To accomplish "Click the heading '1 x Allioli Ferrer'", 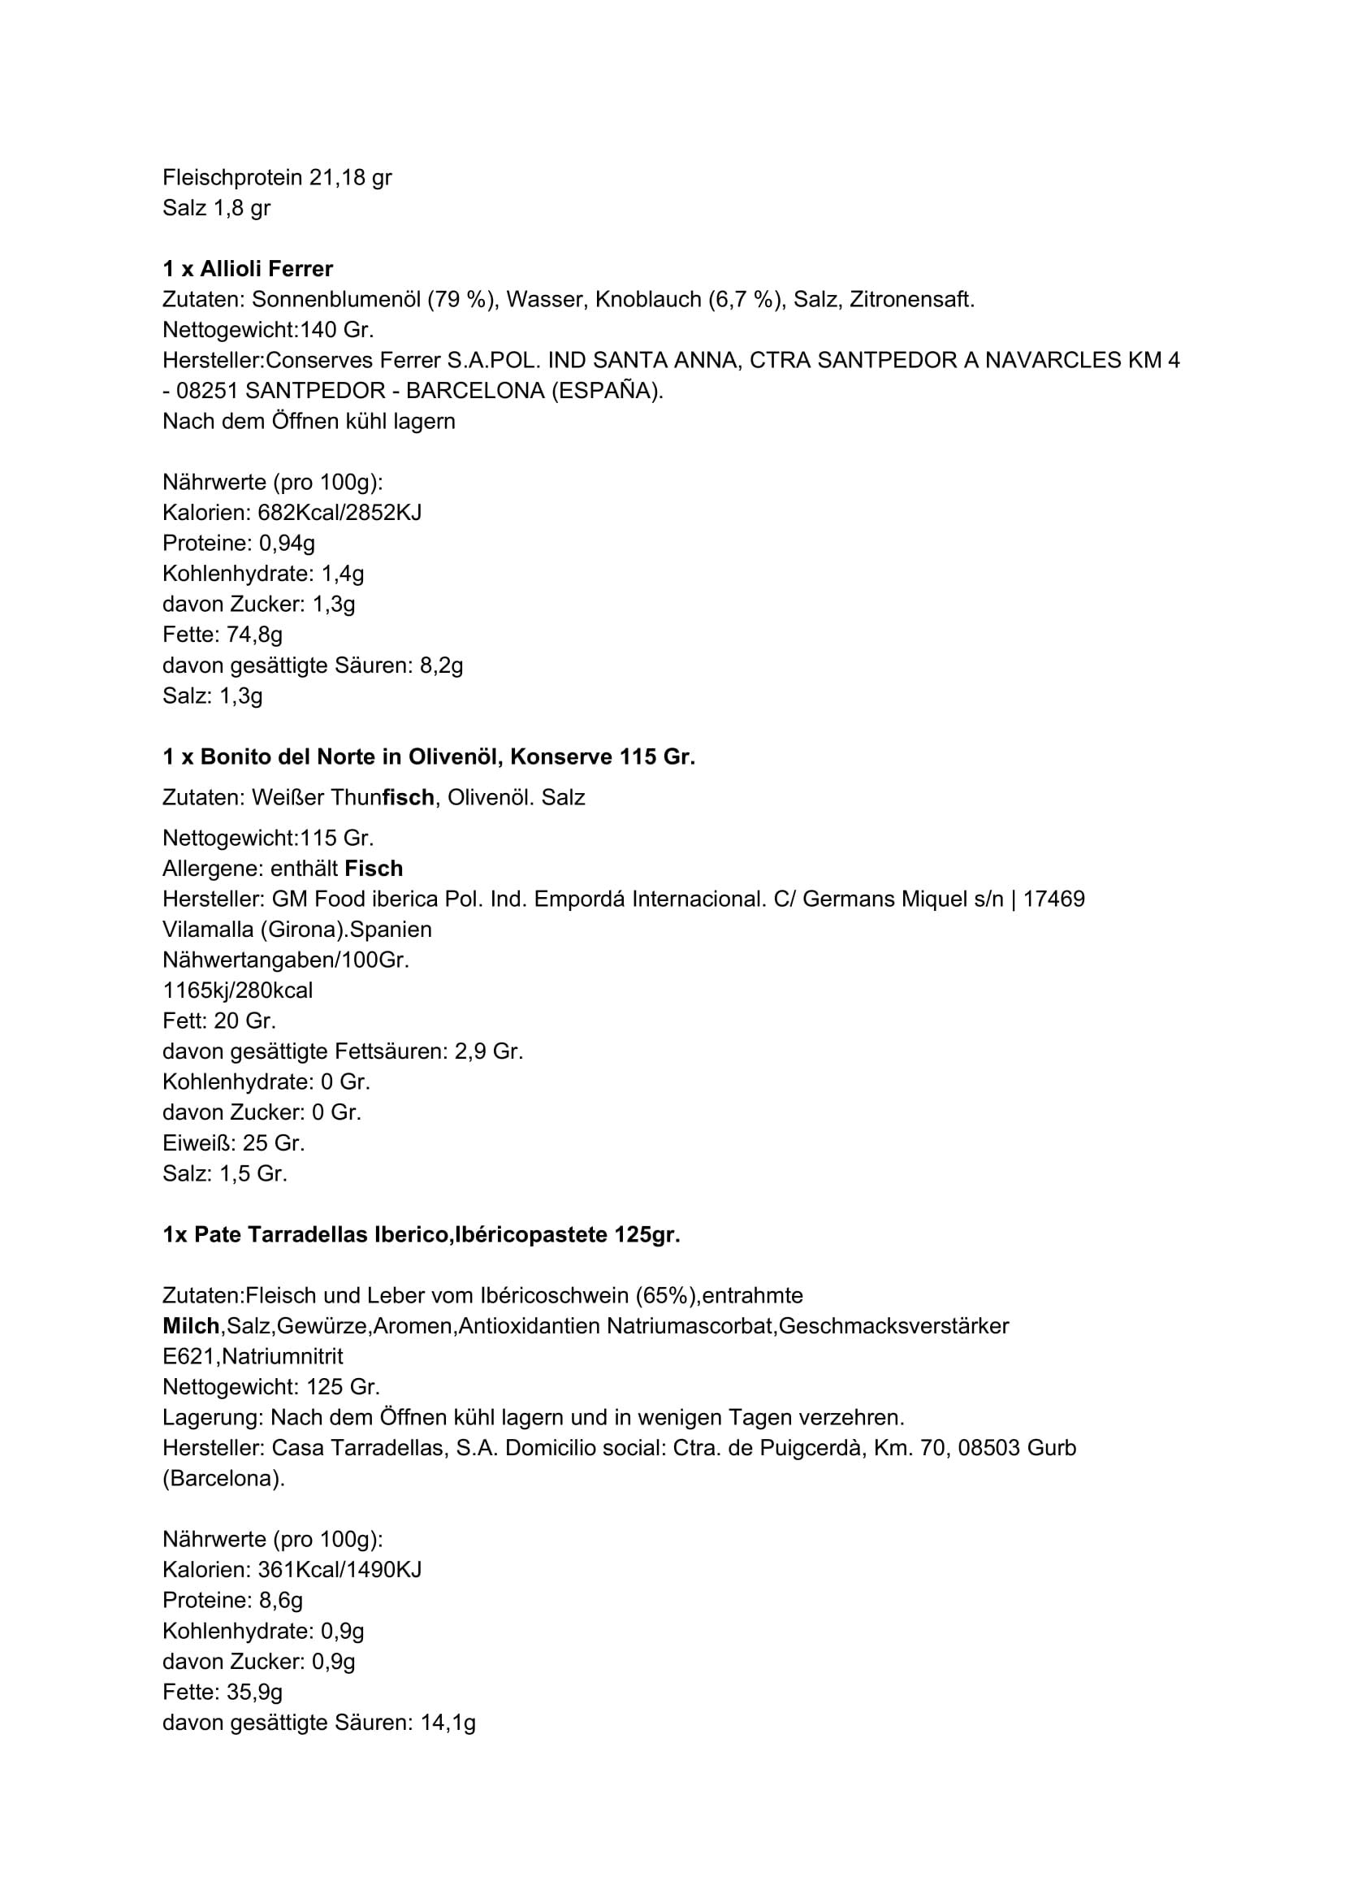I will (x=248, y=268).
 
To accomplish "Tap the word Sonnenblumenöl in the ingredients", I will (x=335, y=299).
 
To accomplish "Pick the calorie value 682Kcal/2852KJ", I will (x=339, y=512).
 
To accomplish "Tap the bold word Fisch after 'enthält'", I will (x=374, y=869).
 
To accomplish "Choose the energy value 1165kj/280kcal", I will (x=238, y=991).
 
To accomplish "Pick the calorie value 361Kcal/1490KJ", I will (x=339, y=1570).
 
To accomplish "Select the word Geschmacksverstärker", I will (x=894, y=1326).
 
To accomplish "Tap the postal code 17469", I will (x=1054, y=899).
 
